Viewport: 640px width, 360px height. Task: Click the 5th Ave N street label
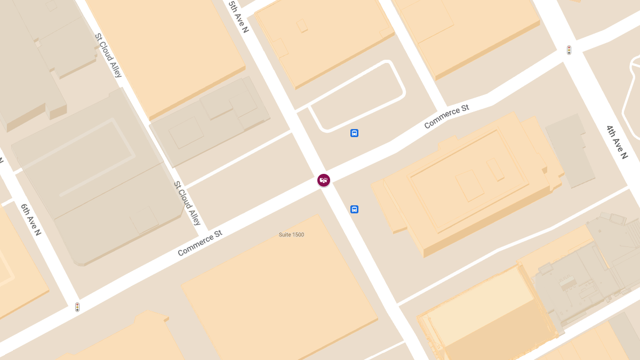pyautogui.click(x=238, y=16)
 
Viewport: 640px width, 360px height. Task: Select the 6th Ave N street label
pyautogui.click(x=31, y=219)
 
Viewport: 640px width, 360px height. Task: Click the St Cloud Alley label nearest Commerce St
pyautogui.click(x=187, y=203)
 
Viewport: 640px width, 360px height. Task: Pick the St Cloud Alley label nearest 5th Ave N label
pyautogui.click(x=108, y=55)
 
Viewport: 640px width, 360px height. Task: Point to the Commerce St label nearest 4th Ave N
pyautogui.click(x=446, y=117)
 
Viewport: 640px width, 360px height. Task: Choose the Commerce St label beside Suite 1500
pyautogui.click(x=199, y=243)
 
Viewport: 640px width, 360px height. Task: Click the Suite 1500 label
pyautogui.click(x=291, y=235)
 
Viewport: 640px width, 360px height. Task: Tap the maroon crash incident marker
pyautogui.click(x=324, y=180)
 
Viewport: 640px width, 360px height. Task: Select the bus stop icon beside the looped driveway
pyautogui.click(x=354, y=133)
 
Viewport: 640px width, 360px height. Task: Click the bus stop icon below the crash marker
pyautogui.click(x=354, y=209)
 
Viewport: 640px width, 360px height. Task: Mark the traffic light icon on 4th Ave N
pyautogui.click(x=569, y=50)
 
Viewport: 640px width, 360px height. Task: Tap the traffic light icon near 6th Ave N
pyautogui.click(x=77, y=307)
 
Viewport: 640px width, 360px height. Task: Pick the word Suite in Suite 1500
pyautogui.click(x=284, y=235)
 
